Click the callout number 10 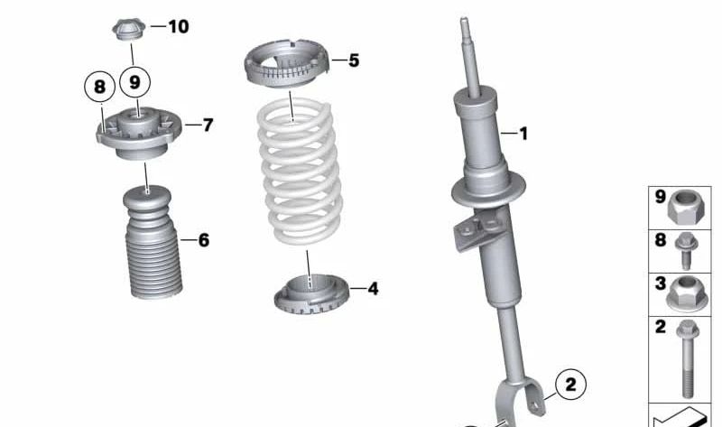point(178,27)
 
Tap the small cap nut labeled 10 point(128,28)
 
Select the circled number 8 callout point(99,88)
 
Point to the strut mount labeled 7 point(139,132)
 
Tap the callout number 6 point(203,240)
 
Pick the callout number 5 point(353,60)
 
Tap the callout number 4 point(372,289)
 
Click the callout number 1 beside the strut point(523,134)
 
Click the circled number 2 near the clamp point(569,385)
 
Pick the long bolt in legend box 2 point(688,357)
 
